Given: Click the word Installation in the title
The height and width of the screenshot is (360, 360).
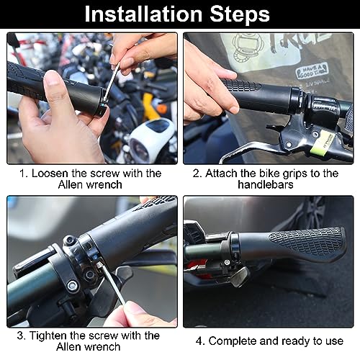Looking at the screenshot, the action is point(143,14).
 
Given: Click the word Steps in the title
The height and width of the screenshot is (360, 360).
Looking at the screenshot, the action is point(240,14).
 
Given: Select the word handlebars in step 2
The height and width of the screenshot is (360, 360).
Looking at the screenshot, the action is point(266,184).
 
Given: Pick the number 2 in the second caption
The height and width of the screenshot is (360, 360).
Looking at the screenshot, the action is point(197,174).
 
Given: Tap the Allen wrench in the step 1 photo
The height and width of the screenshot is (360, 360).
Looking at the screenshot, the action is point(112,81).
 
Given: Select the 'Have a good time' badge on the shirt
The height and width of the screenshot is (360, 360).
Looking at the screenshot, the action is point(312,71).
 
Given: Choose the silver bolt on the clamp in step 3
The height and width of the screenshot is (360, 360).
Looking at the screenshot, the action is point(73,285).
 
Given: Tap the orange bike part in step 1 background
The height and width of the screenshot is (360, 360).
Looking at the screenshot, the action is point(163,109).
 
